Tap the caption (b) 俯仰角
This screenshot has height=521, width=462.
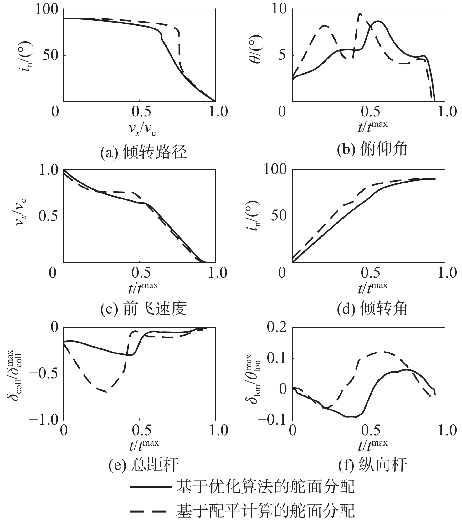click(372, 149)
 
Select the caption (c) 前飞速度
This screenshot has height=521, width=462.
click(144, 308)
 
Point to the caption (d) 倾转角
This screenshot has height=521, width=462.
click(372, 308)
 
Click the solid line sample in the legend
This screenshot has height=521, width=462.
click(150, 487)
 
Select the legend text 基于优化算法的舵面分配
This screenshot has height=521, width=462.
click(265, 487)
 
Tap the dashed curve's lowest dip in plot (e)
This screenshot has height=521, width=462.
click(106, 391)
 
